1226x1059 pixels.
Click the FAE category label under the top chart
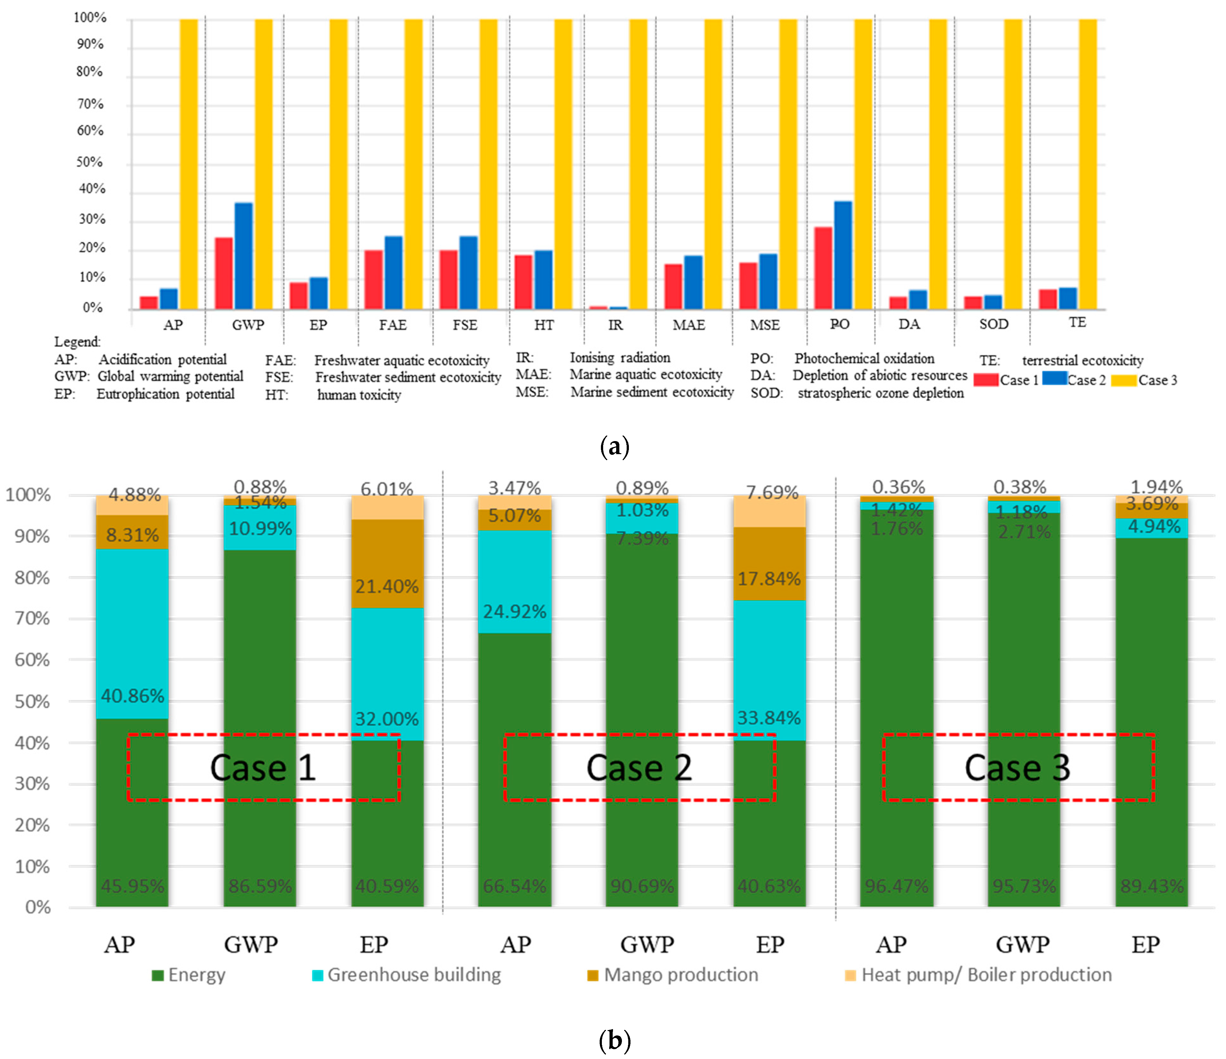[393, 325]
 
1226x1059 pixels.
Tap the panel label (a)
[614, 446]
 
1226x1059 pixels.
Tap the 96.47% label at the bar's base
[896, 886]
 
